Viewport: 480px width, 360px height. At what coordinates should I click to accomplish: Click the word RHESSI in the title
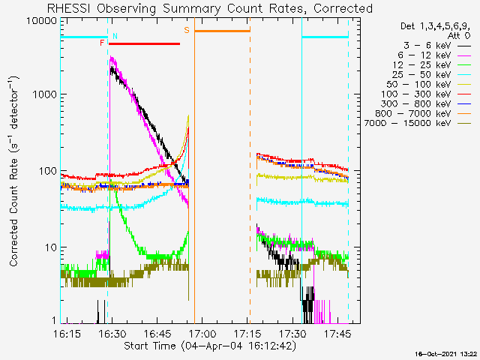[69, 8]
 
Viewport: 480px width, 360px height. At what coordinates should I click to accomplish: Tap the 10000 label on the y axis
[42, 21]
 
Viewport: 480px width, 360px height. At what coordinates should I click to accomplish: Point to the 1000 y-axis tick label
[45, 94]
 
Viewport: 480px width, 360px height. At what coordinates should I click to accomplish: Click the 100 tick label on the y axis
[48, 171]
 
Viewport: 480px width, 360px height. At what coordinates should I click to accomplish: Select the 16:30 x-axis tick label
[112, 334]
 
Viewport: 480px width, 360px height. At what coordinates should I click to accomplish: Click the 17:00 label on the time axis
[202, 334]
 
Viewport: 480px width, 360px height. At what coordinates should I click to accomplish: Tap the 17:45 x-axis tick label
[337, 334]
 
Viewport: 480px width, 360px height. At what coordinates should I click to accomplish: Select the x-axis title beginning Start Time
[210, 346]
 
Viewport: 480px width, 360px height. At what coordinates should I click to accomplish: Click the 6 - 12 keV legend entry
[424, 55]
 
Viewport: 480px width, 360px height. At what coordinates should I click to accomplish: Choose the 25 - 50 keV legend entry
[421, 75]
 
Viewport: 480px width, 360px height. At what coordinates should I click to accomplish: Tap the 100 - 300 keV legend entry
[415, 94]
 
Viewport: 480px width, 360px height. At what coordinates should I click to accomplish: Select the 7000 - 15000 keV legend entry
[407, 123]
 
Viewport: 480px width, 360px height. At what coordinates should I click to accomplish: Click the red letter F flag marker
[102, 43]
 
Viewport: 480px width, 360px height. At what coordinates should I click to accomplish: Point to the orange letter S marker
[187, 30]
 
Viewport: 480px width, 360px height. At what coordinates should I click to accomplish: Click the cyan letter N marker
[115, 36]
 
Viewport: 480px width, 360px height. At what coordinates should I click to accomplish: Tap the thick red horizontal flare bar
[144, 44]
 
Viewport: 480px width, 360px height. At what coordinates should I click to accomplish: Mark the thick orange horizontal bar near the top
[223, 31]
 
